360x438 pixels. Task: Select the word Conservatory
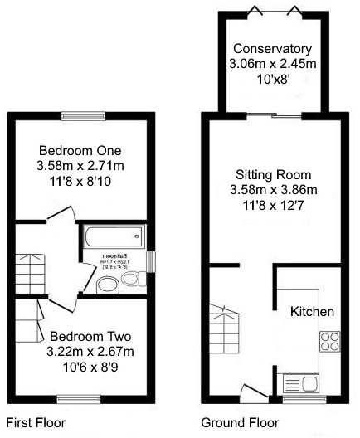tap(272, 48)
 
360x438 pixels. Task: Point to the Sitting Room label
tap(272, 175)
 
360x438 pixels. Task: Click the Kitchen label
tap(312, 312)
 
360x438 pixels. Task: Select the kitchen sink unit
tap(299, 383)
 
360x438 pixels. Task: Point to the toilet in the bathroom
tap(130, 282)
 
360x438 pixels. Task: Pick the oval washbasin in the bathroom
tap(106, 286)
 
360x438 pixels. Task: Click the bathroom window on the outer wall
tap(151, 260)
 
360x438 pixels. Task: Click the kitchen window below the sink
tap(299, 399)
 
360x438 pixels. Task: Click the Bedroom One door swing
tap(62, 217)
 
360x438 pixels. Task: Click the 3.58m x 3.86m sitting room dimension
tap(272, 190)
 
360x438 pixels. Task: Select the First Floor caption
tap(35, 422)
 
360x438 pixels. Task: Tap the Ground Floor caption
tap(241, 422)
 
